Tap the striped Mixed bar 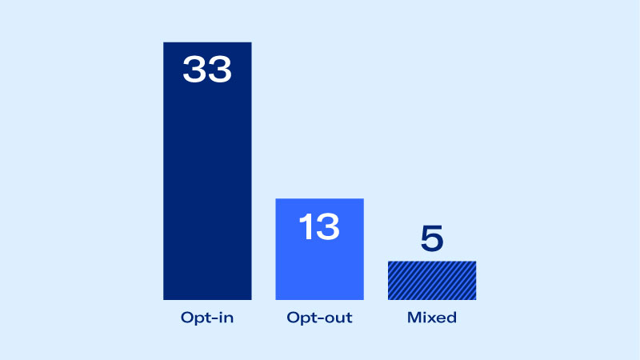(431, 280)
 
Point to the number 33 (207, 69)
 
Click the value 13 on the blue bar (319, 227)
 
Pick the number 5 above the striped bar (431, 239)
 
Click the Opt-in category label (207, 318)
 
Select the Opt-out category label (319, 318)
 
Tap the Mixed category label (431, 318)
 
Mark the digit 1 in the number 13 (306, 227)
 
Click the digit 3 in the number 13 (327, 227)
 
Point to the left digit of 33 (194, 69)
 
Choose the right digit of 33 (220, 69)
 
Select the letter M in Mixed (414, 318)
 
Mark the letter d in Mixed (451, 318)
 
